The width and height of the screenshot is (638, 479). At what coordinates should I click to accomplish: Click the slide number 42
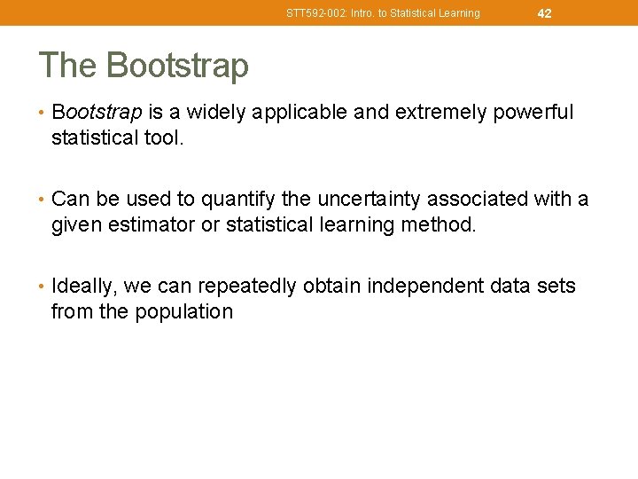(x=544, y=13)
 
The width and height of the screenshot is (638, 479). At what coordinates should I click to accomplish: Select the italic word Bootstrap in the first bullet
(x=97, y=113)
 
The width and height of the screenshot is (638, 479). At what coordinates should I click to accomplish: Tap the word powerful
(x=533, y=113)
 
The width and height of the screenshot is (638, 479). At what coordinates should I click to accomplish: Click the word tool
(x=163, y=138)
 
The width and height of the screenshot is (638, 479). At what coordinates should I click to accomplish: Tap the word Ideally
(x=85, y=287)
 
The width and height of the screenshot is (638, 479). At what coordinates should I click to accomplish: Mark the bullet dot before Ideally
(x=43, y=287)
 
